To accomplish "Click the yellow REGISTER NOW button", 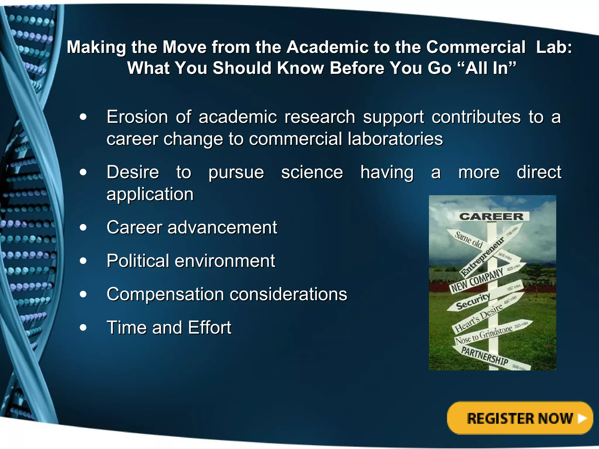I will coord(519,418).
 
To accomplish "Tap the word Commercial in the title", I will coord(476,47).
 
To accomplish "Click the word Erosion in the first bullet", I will coord(137,117).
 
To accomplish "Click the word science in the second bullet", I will coord(312,172).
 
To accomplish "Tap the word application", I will coord(150,194).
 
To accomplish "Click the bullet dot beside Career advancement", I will coord(83,227).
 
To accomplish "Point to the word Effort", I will coord(209,327).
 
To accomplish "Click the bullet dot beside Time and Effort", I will coord(83,327).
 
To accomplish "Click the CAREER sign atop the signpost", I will coord(491,217).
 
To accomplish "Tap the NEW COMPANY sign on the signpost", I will coord(477,280).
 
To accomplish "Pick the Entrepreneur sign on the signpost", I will coord(483,257).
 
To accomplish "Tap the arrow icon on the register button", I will coord(582,418).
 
